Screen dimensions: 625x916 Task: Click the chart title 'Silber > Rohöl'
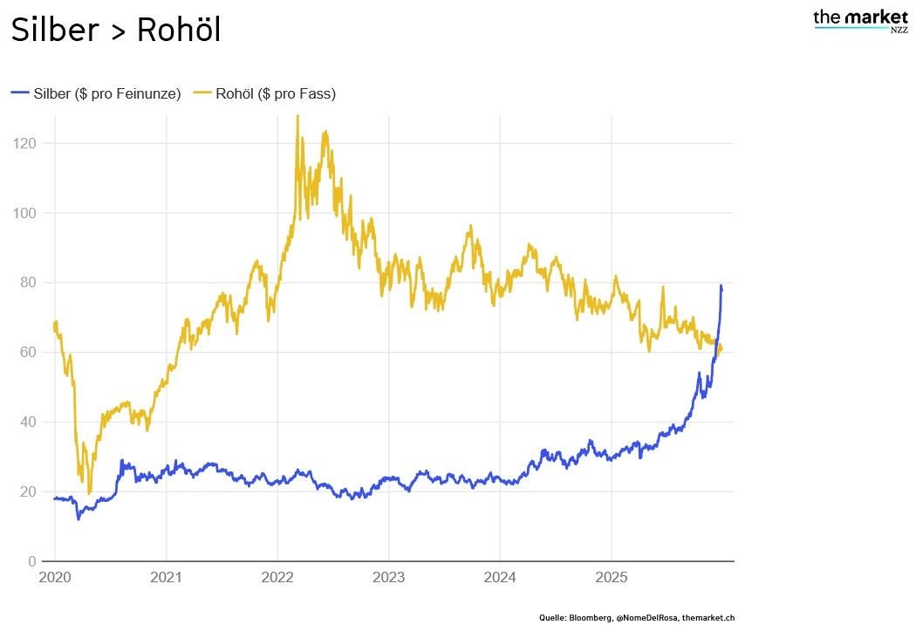pos(115,31)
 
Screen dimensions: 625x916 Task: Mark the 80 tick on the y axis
pos(26,283)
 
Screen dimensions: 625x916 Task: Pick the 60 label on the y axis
pos(26,352)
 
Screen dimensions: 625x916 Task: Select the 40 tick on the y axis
pos(26,422)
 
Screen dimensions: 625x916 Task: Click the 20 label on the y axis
pos(26,491)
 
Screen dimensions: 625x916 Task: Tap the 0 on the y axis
pos(31,561)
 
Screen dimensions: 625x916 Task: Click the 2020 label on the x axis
pos(54,577)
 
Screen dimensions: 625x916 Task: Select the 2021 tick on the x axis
pos(166,577)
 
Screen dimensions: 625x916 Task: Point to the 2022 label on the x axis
pos(277,577)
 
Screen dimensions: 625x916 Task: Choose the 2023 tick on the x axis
pos(388,577)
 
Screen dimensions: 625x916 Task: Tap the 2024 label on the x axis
pos(500,577)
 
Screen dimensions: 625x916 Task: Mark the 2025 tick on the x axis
pos(612,577)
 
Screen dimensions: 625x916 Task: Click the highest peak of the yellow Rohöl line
pos(297,117)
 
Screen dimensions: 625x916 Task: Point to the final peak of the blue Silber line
pos(721,285)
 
